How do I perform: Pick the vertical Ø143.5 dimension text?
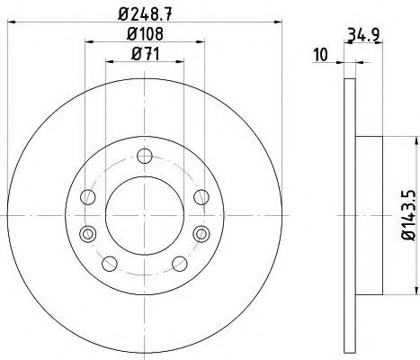pyautogui.click(x=406, y=212)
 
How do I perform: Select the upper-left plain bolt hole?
pyautogui.click(x=87, y=196)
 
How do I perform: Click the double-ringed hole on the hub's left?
pyautogui.click(x=86, y=235)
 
